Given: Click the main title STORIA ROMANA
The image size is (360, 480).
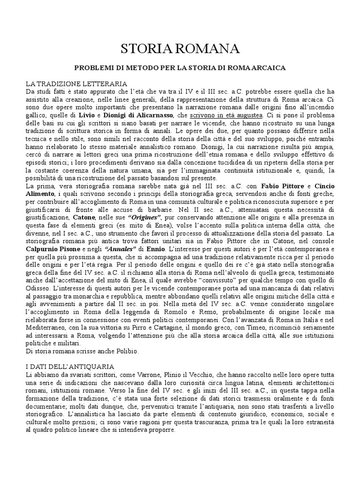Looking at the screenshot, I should pos(180,48).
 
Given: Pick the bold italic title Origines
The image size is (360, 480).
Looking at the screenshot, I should pos(145,218).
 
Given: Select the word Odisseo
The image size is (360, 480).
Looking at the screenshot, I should pos(40,288).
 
